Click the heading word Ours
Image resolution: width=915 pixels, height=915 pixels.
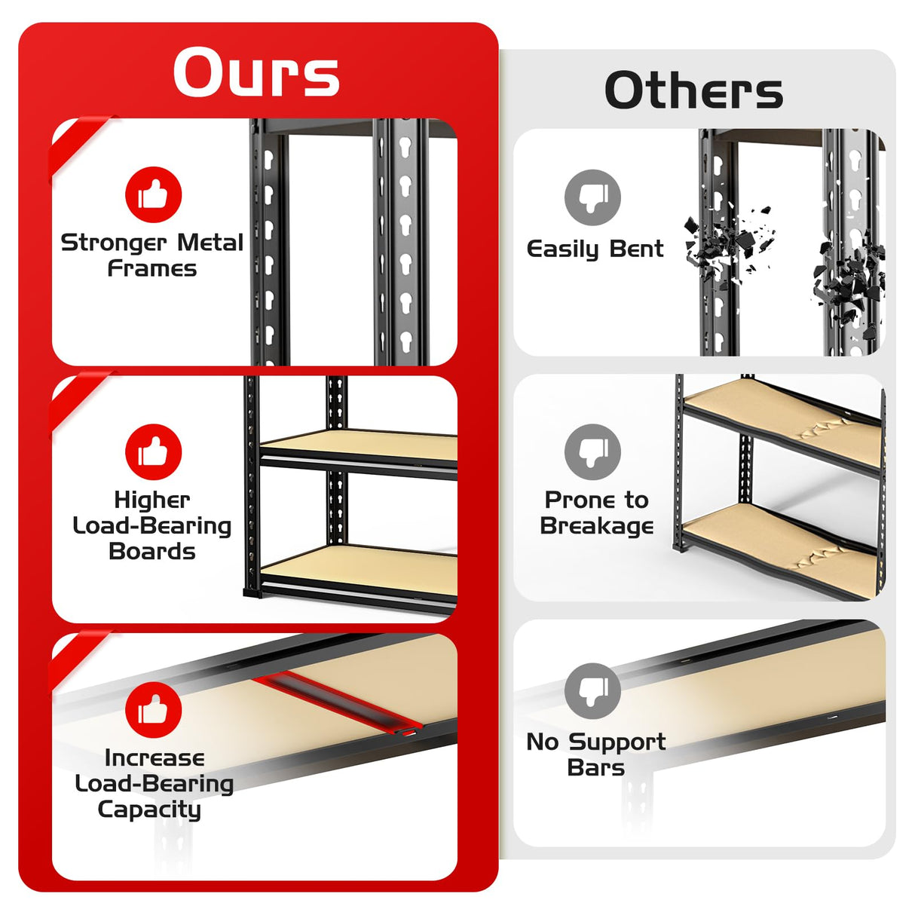coord(256,73)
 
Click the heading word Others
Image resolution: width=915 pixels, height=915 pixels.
coord(693,91)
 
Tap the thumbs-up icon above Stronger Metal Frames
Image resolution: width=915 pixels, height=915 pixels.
coord(154,194)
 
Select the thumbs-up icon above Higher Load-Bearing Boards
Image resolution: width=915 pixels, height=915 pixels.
coord(154,452)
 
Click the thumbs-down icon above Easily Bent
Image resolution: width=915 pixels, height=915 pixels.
coord(593,197)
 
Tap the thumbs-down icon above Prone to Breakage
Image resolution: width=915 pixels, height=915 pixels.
coord(593,452)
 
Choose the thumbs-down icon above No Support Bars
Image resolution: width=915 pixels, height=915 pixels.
coord(593,691)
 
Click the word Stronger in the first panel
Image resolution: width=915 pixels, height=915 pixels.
coord(114,243)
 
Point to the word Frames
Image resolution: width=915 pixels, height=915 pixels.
coord(152,269)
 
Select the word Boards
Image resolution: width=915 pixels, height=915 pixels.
coord(152,552)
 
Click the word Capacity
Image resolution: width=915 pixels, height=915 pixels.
coord(149,809)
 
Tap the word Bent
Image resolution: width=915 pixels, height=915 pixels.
coord(636,249)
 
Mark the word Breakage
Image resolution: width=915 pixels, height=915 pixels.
coord(597,526)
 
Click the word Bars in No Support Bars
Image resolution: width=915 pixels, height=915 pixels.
coord(595,768)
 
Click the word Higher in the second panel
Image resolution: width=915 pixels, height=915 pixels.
coord(152,500)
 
